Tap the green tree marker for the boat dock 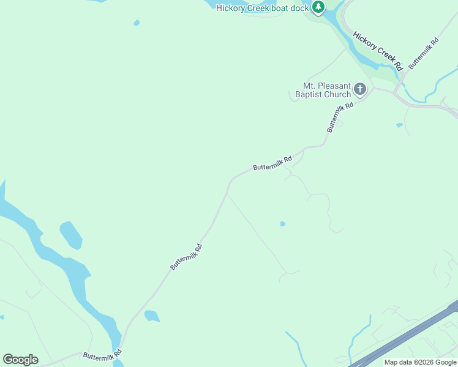pos(318,7)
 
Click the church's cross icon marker pos(360,90)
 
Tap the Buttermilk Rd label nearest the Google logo pos(103,354)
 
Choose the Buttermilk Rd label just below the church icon pos(340,117)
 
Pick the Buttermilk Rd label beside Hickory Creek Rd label pos(424,53)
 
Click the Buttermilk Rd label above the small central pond pos(272,163)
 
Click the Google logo pos(20,360)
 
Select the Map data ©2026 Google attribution pos(419,362)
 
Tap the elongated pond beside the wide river pos(70,235)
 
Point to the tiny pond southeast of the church pos(399,125)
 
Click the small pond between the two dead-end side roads pos(282,224)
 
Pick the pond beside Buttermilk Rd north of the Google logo pos(151,316)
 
